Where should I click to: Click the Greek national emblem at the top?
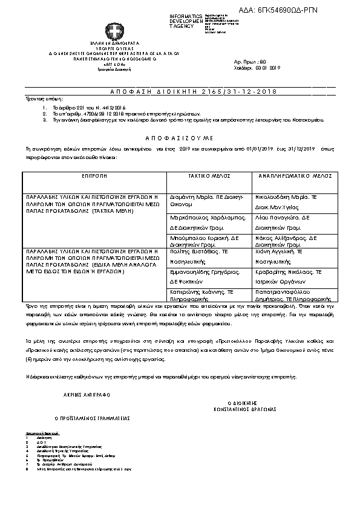point(113,32)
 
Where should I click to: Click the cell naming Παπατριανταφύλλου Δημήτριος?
point(289,294)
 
